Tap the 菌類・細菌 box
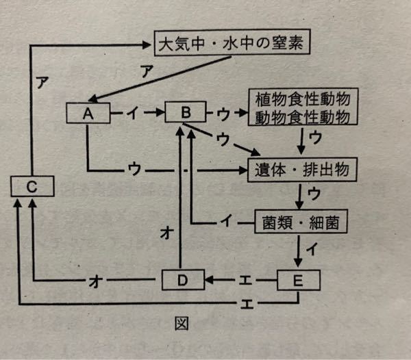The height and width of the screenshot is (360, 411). click(x=299, y=222)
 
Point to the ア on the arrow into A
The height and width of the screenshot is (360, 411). click(x=146, y=70)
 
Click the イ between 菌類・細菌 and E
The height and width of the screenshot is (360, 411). click(x=311, y=250)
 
